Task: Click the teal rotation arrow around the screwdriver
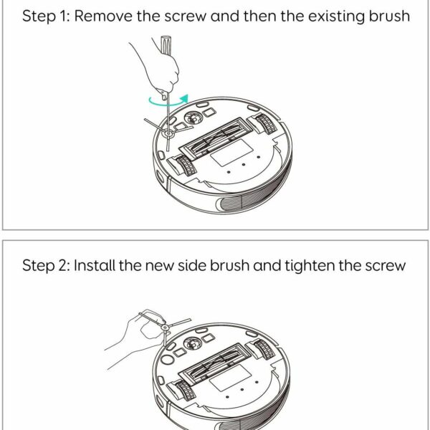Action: (x=167, y=103)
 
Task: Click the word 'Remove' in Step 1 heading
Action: (x=103, y=16)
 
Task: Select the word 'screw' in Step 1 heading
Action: (x=185, y=16)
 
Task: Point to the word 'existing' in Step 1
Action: (x=337, y=16)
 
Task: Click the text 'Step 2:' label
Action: (x=46, y=266)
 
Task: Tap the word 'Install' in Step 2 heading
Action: (x=95, y=265)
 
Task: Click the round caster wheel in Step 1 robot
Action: (x=193, y=118)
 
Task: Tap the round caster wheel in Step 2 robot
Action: (x=193, y=343)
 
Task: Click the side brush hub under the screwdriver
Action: (x=168, y=133)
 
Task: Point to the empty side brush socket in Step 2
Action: (x=168, y=359)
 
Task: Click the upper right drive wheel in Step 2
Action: (x=264, y=350)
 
